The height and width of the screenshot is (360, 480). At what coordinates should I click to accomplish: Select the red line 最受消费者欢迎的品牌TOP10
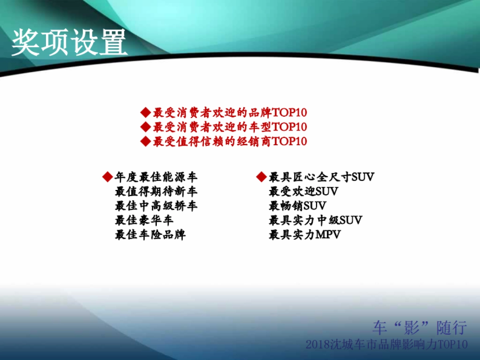230,112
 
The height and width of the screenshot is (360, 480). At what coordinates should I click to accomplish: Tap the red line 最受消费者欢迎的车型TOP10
230,127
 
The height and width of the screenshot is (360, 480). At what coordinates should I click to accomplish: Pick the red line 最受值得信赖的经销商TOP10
230,142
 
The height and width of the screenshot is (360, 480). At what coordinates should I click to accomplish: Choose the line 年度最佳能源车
156,177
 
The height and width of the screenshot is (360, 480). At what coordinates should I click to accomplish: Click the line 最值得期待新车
156,192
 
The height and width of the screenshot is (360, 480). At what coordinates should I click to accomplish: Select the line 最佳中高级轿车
156,206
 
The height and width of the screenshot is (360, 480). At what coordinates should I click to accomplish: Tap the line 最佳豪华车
144,220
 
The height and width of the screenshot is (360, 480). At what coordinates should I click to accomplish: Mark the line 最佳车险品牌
150,235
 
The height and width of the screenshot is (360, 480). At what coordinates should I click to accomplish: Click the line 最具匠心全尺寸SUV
322,177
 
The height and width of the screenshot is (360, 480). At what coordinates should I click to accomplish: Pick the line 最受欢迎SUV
303,192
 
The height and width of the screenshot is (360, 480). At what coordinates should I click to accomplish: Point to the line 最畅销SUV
297,206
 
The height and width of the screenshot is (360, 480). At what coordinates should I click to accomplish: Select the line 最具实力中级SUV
315,220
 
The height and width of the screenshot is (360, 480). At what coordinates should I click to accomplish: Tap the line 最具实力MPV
304,235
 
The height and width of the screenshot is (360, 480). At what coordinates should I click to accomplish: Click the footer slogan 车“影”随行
420,328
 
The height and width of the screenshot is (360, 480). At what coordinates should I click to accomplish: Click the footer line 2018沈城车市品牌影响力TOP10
386,344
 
